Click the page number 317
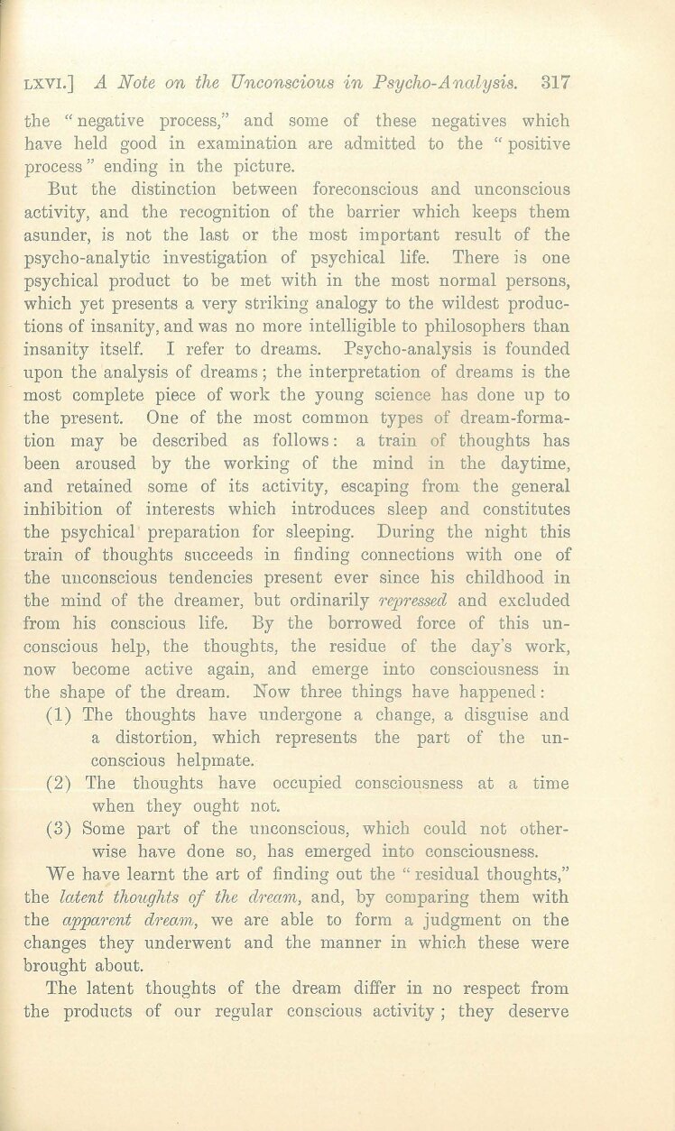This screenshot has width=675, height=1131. (554, 83)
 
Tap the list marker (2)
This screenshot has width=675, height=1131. (60, 783)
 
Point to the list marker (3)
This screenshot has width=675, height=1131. (60, 827)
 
